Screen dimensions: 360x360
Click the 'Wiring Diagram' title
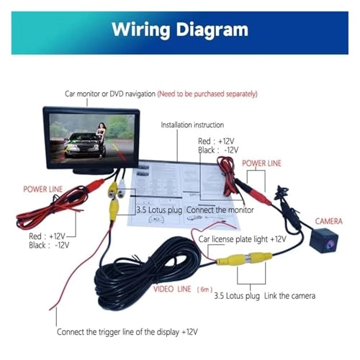[x=180, y=30]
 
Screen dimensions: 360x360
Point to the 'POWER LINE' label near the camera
[x=261, y=163]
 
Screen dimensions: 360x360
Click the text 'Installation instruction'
[x=192, y=125]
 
